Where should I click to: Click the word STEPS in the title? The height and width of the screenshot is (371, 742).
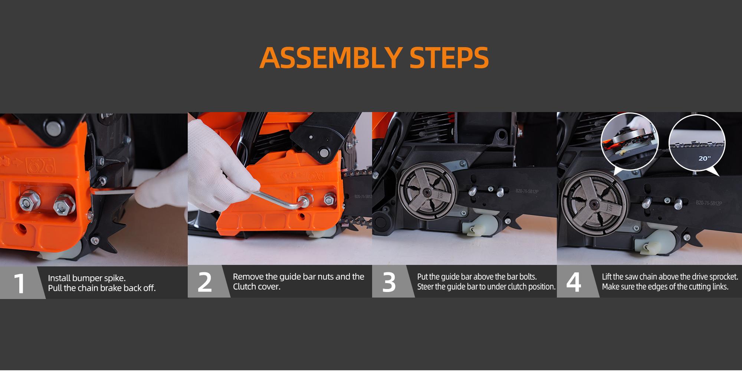449,58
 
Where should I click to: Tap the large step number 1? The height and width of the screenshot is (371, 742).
19,283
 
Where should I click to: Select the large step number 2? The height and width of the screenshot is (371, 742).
204,282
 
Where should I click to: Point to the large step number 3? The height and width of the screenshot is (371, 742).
389,282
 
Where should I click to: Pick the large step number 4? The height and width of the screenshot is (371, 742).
574,282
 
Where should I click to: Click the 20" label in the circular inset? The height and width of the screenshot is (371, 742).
705,158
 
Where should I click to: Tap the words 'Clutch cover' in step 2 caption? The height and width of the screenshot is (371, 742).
256,287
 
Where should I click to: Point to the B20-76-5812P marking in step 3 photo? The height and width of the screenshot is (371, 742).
527,191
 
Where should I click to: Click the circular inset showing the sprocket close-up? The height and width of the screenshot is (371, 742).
629,141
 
